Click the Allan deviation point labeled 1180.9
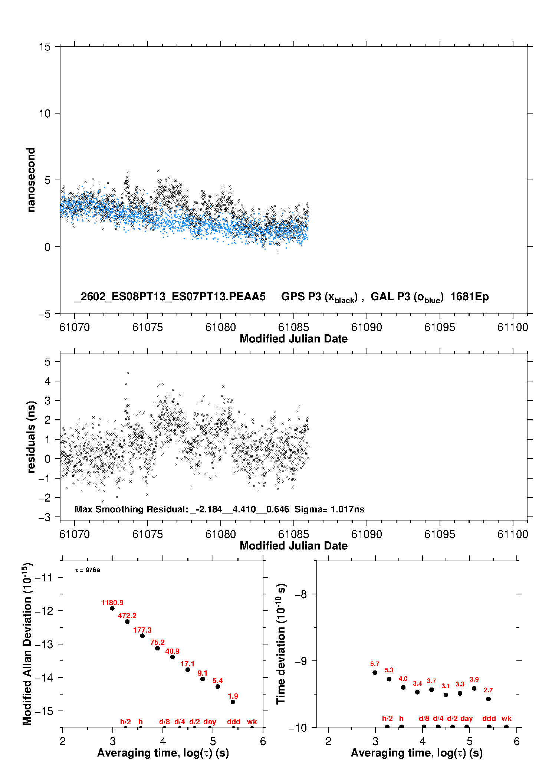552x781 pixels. pos(112,608)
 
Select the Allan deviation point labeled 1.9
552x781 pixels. pos(233,702)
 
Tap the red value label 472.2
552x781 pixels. pos(127,616)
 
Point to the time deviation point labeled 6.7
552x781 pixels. pos(375,673)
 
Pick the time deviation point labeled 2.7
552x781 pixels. pos(488,699)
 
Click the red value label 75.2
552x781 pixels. pos(157,642)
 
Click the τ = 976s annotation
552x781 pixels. pos(88,570)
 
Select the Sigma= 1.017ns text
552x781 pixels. pos(329,509)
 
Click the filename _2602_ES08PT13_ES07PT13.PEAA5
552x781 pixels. pos(170,296)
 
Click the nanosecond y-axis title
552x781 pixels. pos(31,180)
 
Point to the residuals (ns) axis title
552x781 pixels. pos(31,437)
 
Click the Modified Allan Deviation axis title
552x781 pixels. pos(27,644)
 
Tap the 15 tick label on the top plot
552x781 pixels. pos(45,47)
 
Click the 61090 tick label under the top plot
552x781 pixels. pos(367,327)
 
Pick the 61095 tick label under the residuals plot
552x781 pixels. pos(440,534)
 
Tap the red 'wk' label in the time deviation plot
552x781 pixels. pos(506,718)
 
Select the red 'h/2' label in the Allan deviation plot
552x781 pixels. pos(125,722)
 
